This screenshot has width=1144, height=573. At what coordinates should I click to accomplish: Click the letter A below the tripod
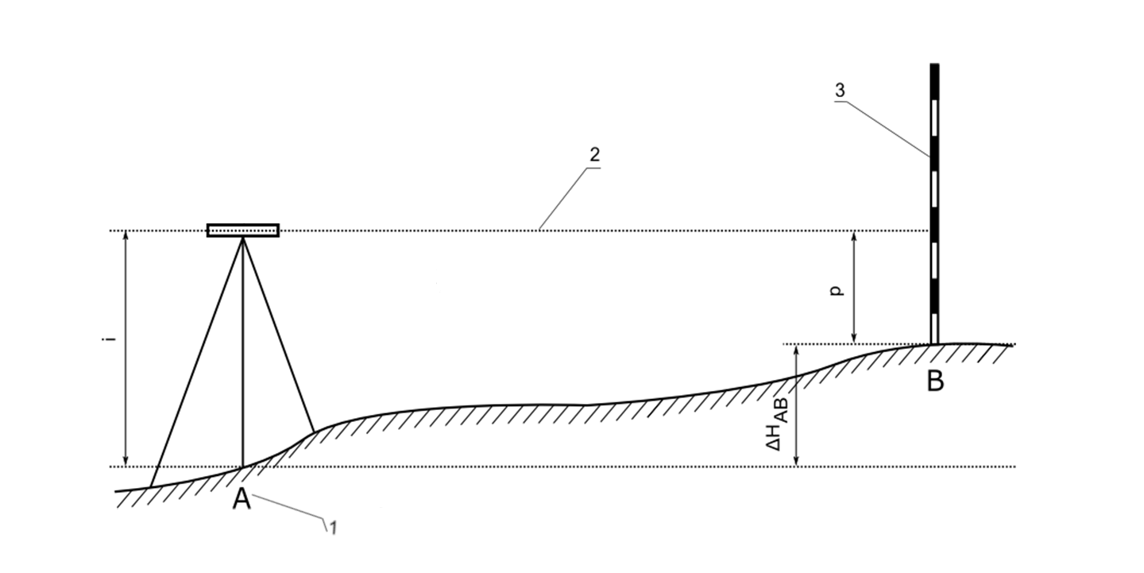point(242,498)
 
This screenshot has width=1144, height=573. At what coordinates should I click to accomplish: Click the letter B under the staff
point(935,381)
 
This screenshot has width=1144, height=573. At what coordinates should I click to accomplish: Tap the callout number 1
point(332,528)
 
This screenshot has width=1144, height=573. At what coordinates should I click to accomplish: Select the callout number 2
point(594,155)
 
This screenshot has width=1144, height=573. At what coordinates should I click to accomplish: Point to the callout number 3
point(840,91)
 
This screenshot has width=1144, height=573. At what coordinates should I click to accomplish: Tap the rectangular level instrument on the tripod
point(243,230)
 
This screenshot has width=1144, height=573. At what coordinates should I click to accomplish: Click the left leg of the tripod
point(197,362)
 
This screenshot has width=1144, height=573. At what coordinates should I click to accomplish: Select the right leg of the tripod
point(278,335)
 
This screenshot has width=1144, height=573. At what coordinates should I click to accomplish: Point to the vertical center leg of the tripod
point(243,352)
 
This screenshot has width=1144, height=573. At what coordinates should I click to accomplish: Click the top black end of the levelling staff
point(934,82)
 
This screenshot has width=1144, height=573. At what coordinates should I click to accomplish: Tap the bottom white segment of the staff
point(934,328)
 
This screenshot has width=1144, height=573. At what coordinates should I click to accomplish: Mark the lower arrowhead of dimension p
point(854,338)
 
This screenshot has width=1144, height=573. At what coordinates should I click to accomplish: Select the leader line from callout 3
point(882,128)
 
